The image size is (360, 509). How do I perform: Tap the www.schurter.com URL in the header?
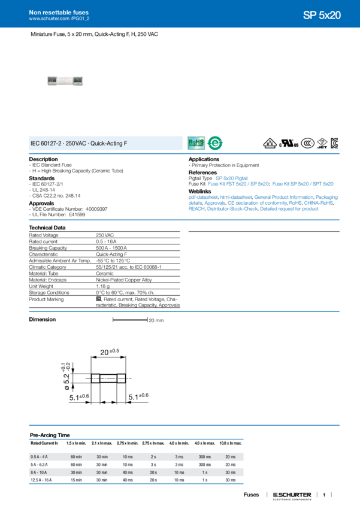point(55,19)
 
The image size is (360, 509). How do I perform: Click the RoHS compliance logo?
point(196,143)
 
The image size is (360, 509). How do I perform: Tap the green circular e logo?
point(213,143)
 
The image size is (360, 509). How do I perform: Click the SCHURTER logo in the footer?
point(291,495)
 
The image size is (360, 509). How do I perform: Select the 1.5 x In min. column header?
point(77,443)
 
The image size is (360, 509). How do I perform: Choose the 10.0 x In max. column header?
point(231,443)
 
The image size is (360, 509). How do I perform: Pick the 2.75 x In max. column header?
point(153,443)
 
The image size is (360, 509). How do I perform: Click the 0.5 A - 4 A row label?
point(41,457)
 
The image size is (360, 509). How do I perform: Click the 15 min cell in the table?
point(77,480)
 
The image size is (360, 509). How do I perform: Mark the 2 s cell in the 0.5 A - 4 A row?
point(153,457)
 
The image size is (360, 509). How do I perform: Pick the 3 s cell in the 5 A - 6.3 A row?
point(153,465)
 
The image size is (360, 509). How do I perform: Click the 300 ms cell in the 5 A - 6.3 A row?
point(205,465)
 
